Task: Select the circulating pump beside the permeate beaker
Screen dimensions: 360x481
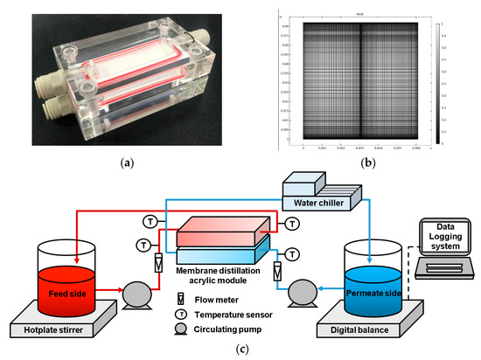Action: [303, 286]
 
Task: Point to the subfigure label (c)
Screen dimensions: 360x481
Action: [240, 351]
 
